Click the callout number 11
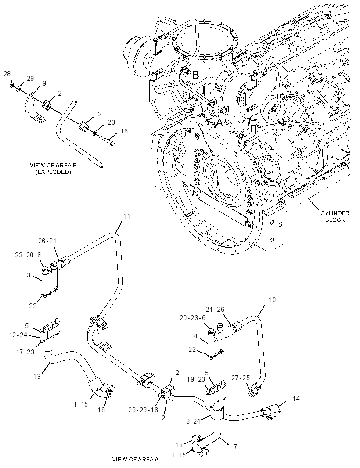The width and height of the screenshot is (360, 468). coord(127,216)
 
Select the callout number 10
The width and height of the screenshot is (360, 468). coord(272,300)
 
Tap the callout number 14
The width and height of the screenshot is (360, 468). coord(296,399)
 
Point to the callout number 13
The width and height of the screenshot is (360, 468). coord(37,376)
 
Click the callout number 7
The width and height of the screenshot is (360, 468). coord(235,446)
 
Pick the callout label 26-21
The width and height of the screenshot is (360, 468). coord(47,241)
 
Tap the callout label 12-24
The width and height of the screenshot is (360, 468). coord(18,335)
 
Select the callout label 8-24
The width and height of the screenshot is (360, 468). coord(193,422)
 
